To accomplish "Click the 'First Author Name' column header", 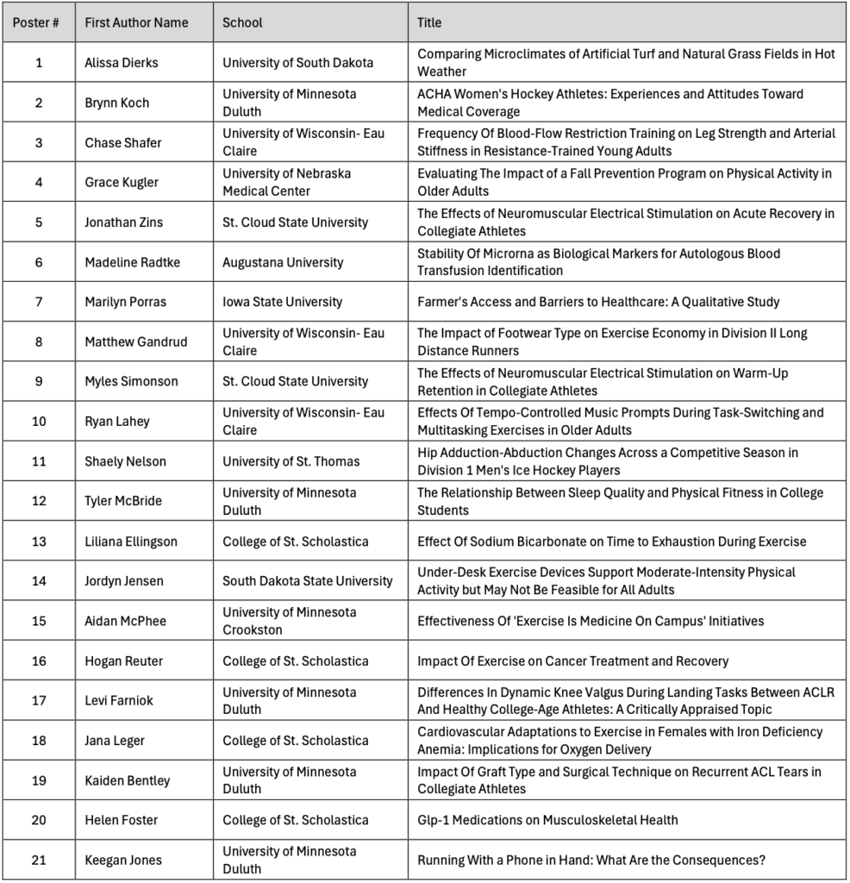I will pyautogui.click(x=136, y=22).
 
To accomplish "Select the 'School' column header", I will pyautogui.click(x=242, y=22).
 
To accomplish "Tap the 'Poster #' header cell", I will pyautogui.click(x=36, y=22).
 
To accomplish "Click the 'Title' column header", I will pyautogui.click(x=429, y=22).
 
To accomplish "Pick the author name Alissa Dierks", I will pyautogui.click(x=121, y=63).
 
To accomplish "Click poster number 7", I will pyautogui.click(x=39, y=302).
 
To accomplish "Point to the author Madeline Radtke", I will pyautogui.click(x=132, y=262).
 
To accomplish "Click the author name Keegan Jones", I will pyautogui.click(x=122, y=860).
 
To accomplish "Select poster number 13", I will pyautogui.click(x=39, y=542).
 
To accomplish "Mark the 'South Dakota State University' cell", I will pyautogui.click(x=307, y=581).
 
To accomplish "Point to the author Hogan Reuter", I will pyautogui.click(x=123, y=661).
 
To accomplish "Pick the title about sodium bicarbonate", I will pyautogui.click(x=611, y=542).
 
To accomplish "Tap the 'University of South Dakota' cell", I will pyautogui.click(x=297, y=63).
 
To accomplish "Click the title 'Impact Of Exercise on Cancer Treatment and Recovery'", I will pyautogui.click(x=572, y=661).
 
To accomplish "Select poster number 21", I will pyautogui.click(x=39, y=860).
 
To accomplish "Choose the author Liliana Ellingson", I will pyautogui.click(x=130, y=542).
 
